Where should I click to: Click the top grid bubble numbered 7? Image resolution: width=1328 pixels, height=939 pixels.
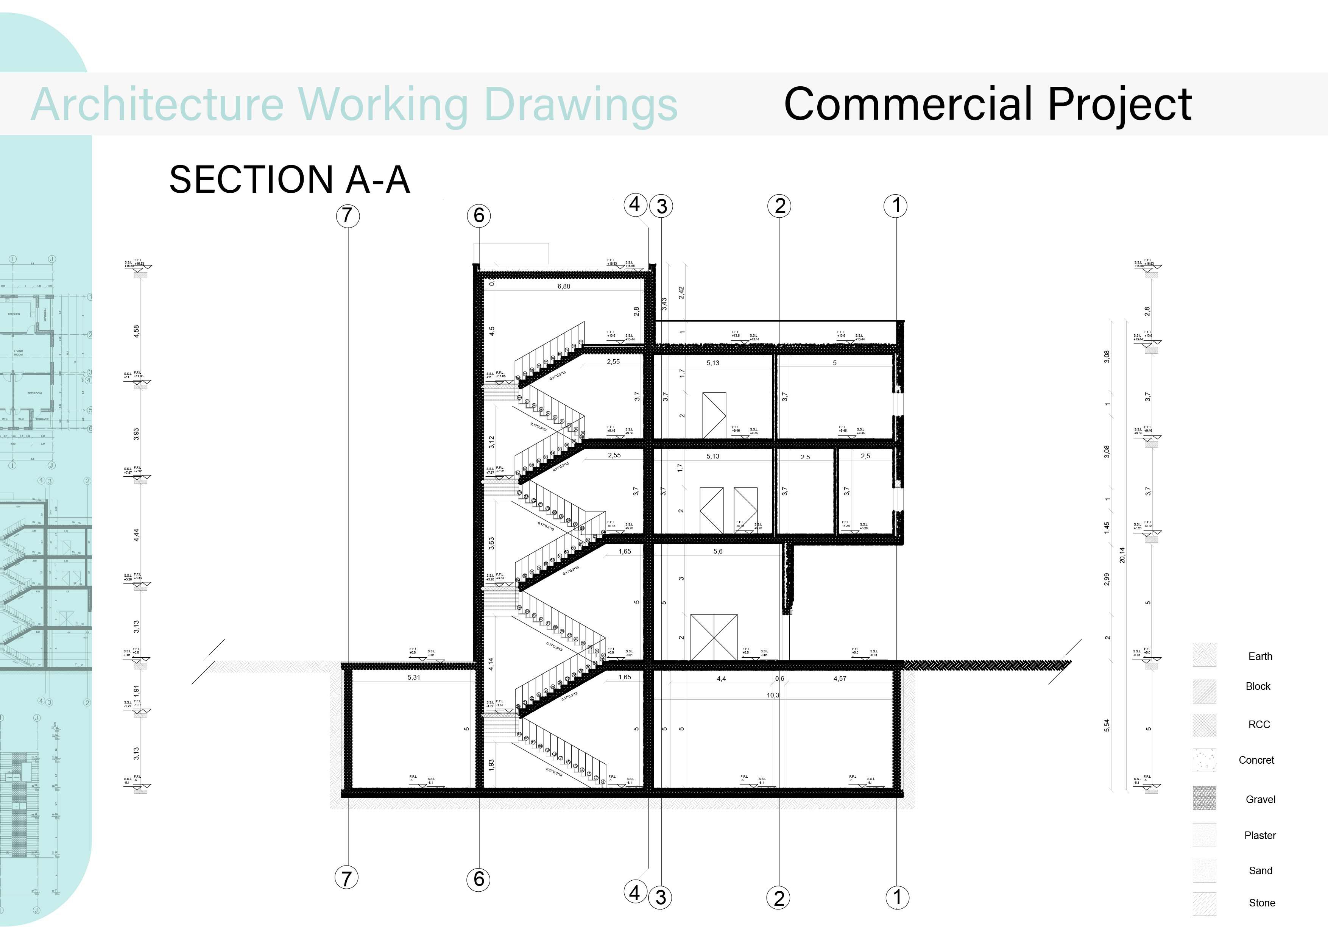pyautogui.click(x=347, y=216)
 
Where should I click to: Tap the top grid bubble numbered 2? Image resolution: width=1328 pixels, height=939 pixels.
pyautogui.click(x=780, y=206)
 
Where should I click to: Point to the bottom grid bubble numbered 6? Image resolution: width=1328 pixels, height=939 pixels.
pyautogui.click(x=479, y=879)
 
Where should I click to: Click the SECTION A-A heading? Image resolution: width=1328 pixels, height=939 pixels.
pyautogui.click(x=289, y=179)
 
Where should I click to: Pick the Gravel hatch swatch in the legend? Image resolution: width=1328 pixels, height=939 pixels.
pyautogui.click(x=1204, y=798)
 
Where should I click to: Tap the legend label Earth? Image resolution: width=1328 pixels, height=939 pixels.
pyautogui.click(x=1260, y=656)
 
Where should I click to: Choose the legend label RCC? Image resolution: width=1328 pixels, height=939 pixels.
pyautogui.click(x=1259, y=724)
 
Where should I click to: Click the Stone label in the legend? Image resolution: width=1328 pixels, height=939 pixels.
pyautogui.click(x=1261, y=903)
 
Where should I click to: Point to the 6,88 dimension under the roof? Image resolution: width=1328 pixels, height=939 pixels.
pyautogui.click(x=563, y=286)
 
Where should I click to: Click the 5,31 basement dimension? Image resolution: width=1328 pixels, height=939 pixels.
pyautogui.click(x=413, y=677)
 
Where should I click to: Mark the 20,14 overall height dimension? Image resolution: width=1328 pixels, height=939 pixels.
pyautogui.click(x=1122, y=555)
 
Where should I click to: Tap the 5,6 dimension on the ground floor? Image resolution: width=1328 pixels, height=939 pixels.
pyautogui.click(x=718, y=551)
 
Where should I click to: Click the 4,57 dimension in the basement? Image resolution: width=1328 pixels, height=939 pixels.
pyautogui.click(x=840, y=679)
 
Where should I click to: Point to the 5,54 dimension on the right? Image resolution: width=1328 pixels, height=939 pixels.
pyautogui.click(x=1107, y=725)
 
